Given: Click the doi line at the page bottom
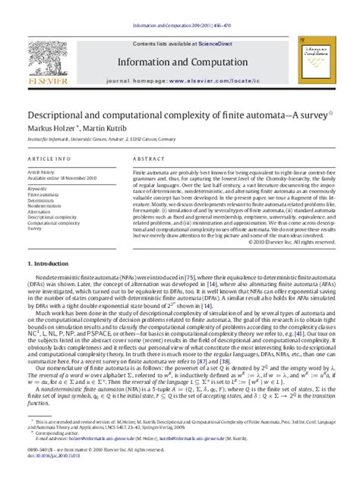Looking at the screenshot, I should click(51, 477).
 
